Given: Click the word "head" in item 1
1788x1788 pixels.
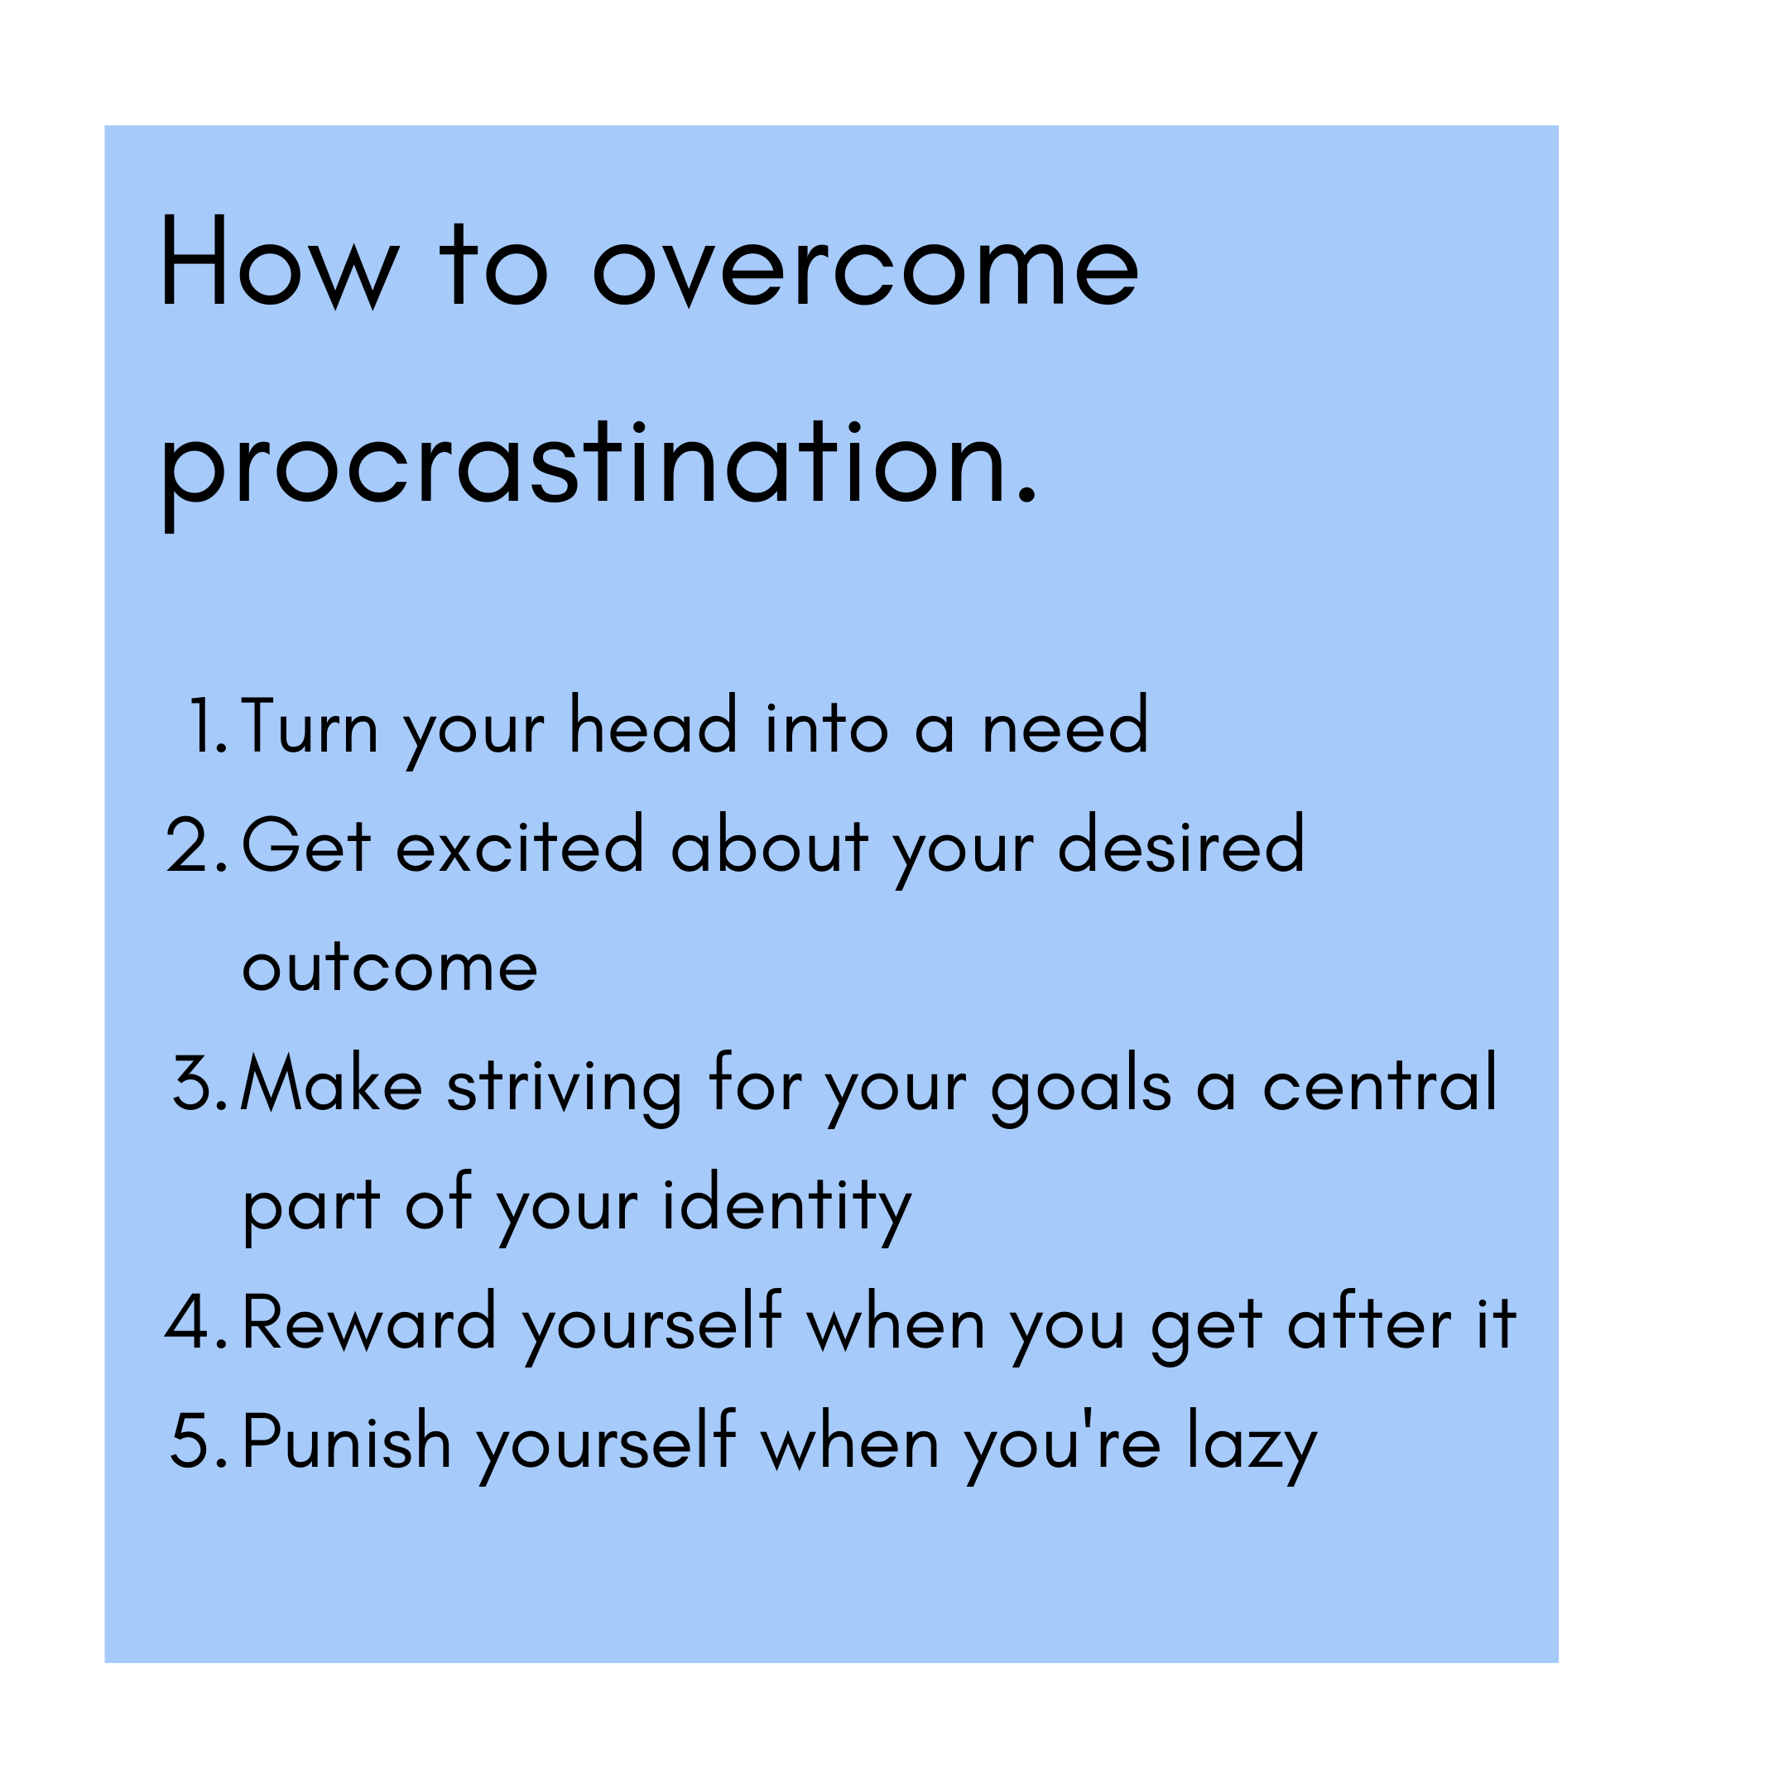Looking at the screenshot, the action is tap(653, 723).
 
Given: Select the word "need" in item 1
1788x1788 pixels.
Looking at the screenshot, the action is tap(1065, 723).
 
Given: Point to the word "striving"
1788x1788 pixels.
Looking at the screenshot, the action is tap(565, 1089).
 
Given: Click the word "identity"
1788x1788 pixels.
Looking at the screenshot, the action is tap(787, 1207).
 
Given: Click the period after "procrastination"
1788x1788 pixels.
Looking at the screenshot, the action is tap(1026, 497).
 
